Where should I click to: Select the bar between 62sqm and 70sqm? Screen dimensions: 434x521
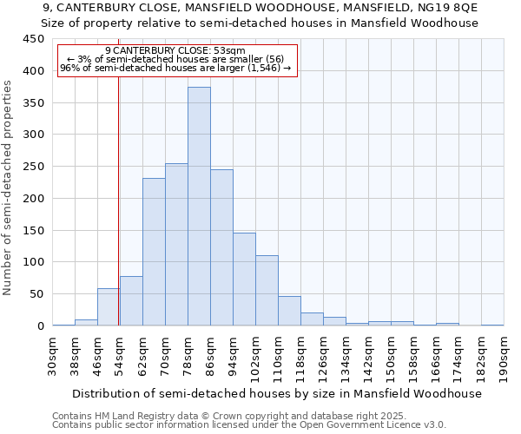(x=154, y=252)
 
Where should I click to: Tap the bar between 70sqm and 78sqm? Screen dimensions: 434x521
(x=176, y=245)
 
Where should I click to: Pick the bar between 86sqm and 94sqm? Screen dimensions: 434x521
(x=221, y=247)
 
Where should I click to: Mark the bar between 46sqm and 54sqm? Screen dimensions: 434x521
(x=109, y=307)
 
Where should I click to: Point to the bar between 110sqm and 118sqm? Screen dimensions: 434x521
(x=289, y=311)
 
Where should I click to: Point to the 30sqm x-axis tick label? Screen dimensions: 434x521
(x=52, y=355)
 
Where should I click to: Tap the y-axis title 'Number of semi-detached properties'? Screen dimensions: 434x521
(x=9, y=187)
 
